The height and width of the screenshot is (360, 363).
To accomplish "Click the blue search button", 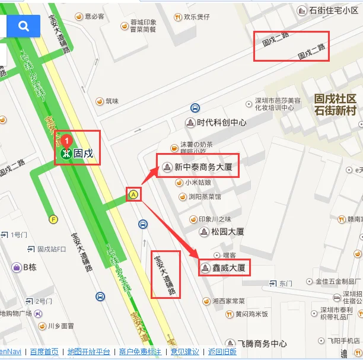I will coord(24,26).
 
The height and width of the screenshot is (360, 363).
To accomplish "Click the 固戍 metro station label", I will coord(83,153).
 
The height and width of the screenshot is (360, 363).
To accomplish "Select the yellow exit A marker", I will coord(134,194).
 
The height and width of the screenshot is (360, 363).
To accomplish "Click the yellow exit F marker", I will coord(54,219).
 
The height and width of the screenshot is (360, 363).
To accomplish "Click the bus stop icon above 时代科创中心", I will coord(195,108).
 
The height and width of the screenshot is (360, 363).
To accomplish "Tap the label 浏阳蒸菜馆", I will coord(205,196).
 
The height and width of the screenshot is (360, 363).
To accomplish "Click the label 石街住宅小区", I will coord(334,9).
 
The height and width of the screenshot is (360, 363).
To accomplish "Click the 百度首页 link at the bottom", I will coord(44,352).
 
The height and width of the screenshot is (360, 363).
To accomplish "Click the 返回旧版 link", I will coord(223,352).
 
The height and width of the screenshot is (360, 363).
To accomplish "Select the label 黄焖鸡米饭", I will coord(251,314).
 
